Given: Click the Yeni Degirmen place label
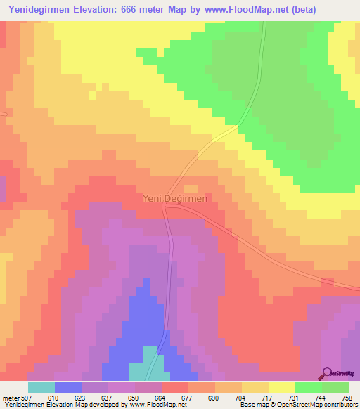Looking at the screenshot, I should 176,199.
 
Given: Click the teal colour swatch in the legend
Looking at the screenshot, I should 41,387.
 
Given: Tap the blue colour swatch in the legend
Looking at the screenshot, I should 67,387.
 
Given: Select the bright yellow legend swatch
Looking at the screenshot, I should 281,387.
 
